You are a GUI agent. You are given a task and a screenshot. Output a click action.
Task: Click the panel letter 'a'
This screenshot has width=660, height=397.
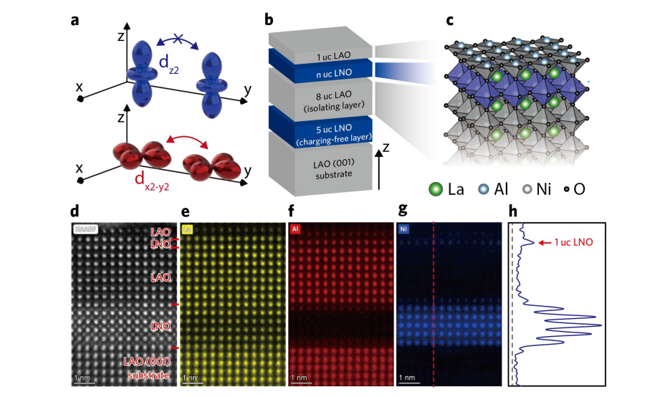coord(75,19)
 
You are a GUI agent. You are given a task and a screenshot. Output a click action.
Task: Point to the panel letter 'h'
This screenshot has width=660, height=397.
coord(512,213)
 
